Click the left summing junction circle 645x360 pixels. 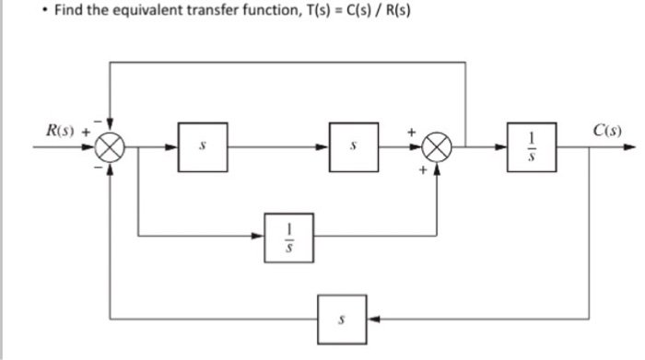111,147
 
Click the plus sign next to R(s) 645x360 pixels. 87,131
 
